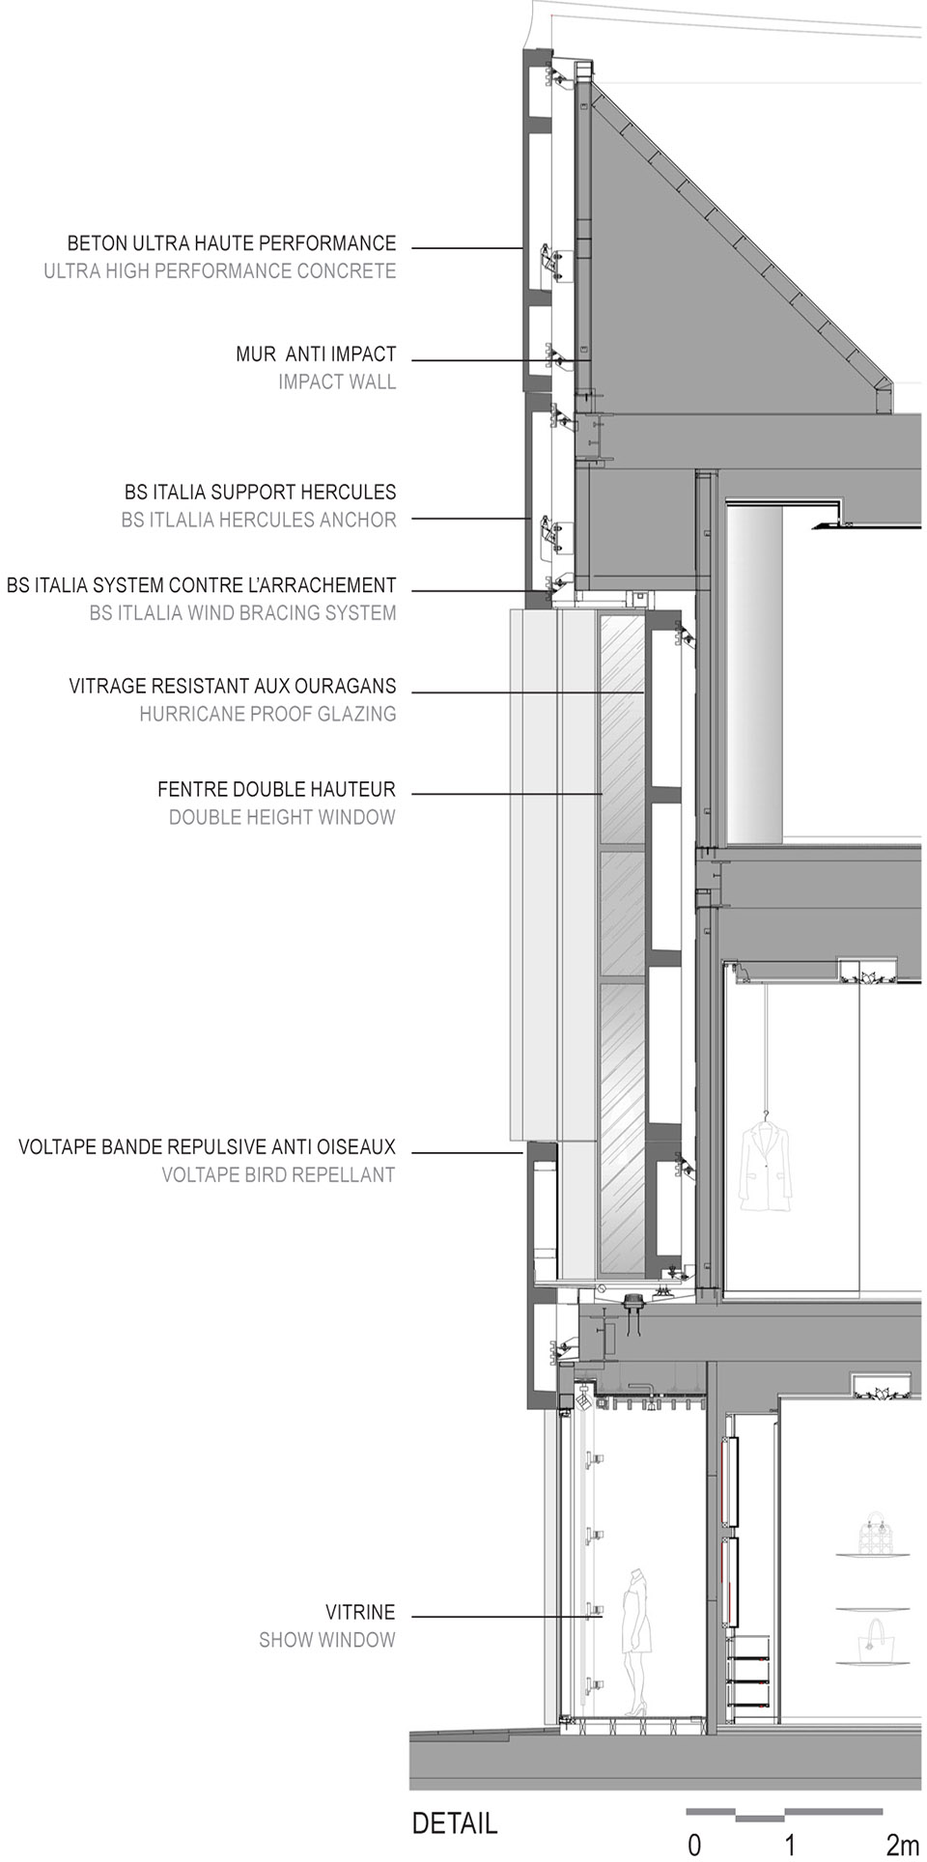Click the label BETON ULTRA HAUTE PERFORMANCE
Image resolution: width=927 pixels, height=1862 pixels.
tap(231, 243)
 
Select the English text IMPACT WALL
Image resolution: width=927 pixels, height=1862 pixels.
tap(337, 381)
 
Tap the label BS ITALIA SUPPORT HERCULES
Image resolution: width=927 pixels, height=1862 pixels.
tap(260, 492)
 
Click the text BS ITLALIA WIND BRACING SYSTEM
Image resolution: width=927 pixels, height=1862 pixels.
tap(242, 612)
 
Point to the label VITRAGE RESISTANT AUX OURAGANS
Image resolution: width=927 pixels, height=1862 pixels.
tap(233, 686)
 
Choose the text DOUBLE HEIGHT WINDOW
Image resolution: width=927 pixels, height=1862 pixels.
tap(282, 817)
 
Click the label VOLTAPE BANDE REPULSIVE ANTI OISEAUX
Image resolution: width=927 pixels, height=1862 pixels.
tap(207, 1147)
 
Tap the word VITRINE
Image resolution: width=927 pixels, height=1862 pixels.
tap(360, 1612)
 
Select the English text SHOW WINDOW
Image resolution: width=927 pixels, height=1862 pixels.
tap(326, 1640)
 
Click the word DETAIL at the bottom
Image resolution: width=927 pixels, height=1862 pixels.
tap(455, 1823)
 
